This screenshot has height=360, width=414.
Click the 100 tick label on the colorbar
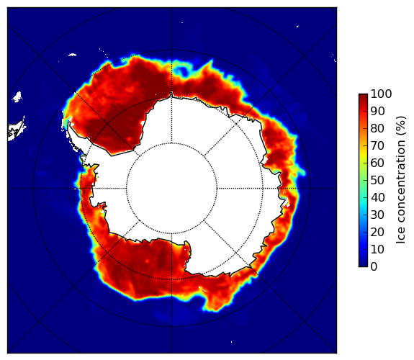tap(381, 94)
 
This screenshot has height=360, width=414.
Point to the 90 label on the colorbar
tap(377, 111)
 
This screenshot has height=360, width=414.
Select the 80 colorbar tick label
tap(377, 129)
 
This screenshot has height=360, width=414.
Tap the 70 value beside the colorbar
tap(377, 145)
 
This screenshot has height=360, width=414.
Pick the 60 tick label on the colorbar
tap(377, 163)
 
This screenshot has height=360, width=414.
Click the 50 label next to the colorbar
tap(377, 181)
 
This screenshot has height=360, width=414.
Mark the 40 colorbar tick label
tap(377, 197)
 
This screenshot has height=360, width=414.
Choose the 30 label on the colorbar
tap(377, 215)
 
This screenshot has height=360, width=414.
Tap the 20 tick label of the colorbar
tap(377, 232)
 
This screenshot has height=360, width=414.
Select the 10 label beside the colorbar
tap(377, 249)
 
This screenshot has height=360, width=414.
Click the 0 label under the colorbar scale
tap(374, 267)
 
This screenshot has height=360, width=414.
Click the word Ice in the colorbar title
tap(400, 237)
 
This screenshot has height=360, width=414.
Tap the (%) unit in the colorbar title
tap(400, 126)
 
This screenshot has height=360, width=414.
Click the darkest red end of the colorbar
tap(363, 95)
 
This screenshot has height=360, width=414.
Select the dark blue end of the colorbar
tap(363, 265)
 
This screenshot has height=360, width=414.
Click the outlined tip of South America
tap(17, 131)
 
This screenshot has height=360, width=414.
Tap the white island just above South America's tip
tap(17, 96)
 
